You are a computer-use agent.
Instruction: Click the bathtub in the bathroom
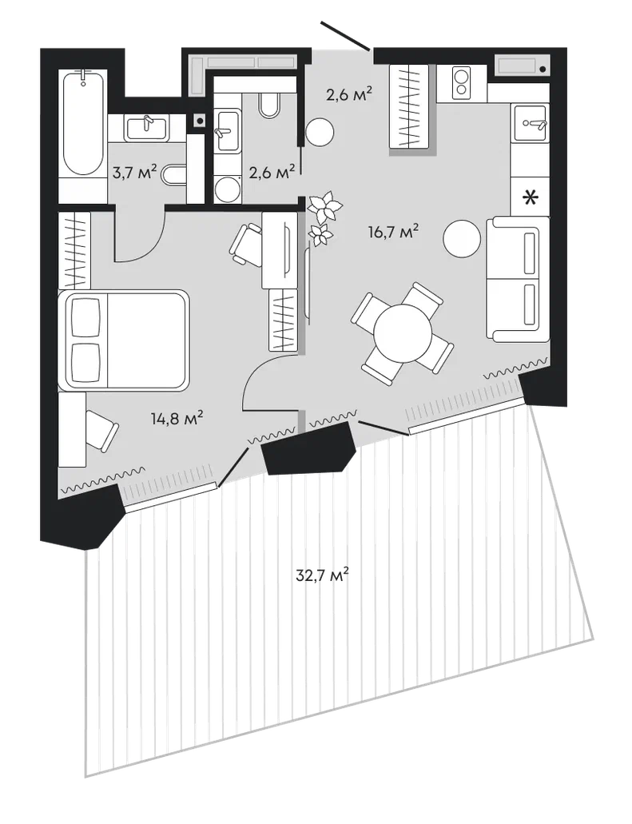pyautogui.click(x=82, y=124)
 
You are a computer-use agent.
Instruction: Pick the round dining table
pyautogui.click(x=403, y=332)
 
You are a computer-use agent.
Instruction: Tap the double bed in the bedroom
pyautogui.click(x=124, y=340)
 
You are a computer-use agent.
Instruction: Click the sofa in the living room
pyautogui.click(x=518, y=280)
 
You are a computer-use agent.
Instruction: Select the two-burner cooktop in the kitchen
pyautogui.click(x=462, y=83)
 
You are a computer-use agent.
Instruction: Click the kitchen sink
pyautogui.click(x=530, y=122)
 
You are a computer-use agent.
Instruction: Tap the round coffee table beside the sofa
pyautogui.click(x=462, y=238)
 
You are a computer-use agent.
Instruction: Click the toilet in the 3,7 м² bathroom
pyautogui.click(x=175, y=175)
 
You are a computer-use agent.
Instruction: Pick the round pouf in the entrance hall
pyautogui.click(x=320, y=132)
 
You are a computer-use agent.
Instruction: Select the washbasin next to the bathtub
pyautogui.click(x=146, y=128)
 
